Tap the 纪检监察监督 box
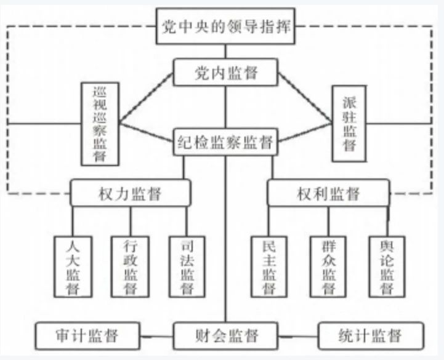(225, 140)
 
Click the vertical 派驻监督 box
(349, 124)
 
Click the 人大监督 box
(73, 265)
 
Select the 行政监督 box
(129, 265)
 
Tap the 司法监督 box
(187, 265)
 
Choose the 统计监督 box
(371, 336)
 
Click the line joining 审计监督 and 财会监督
(155, 337)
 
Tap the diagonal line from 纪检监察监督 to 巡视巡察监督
(147, 133)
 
